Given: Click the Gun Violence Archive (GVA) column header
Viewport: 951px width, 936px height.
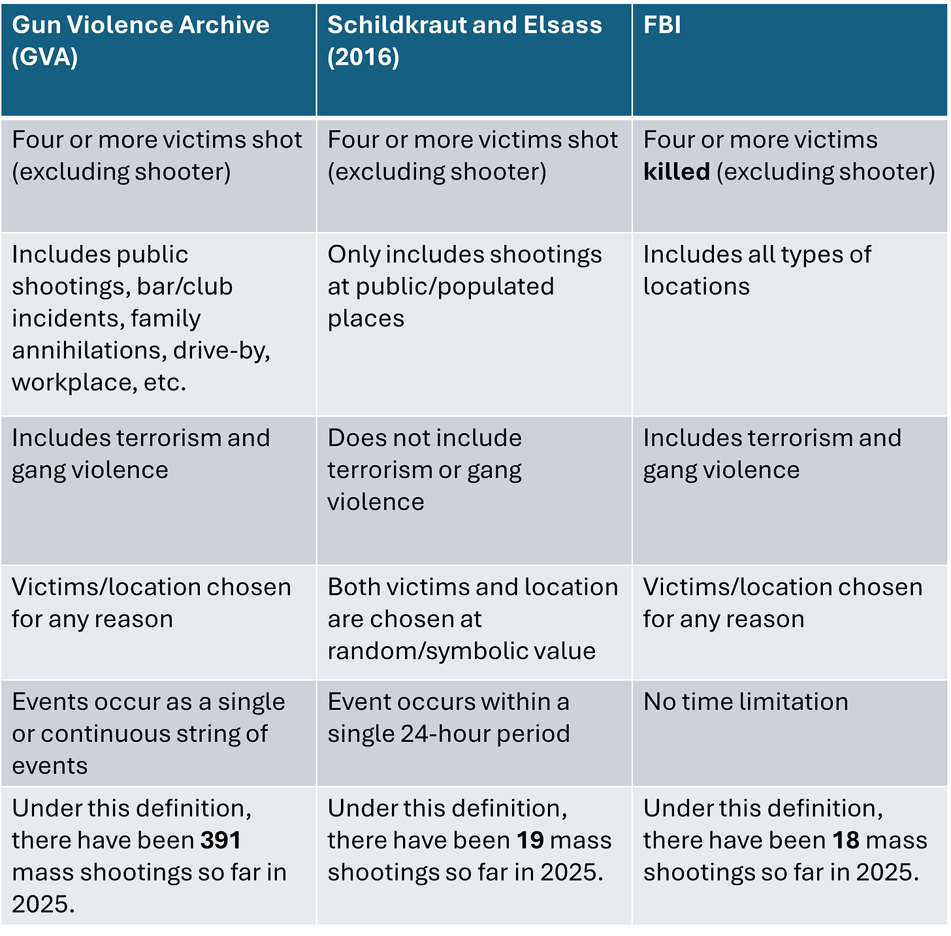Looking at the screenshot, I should [140, 41].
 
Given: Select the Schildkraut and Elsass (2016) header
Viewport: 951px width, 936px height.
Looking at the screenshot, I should [464, 41].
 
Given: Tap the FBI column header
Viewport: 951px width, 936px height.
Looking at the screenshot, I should [662, 25].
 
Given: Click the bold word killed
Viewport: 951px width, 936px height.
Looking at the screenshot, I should [676, 172].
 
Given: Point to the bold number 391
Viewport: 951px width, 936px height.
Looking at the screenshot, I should [221, 841].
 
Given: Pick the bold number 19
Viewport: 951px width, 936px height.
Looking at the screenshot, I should [530, 841].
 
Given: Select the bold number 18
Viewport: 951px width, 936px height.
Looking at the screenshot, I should [845, 841].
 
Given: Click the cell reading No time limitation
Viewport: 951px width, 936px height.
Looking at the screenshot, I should [745, 702].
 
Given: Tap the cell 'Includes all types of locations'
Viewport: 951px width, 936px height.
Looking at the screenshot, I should [756, 270].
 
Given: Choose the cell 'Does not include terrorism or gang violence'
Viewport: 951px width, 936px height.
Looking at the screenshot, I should [425, 470].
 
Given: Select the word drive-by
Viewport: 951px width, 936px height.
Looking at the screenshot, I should [221, 351].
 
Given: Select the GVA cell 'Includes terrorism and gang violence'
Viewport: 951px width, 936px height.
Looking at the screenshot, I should [140, 454].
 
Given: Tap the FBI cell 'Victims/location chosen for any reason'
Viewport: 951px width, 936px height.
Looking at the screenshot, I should [782, 603].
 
